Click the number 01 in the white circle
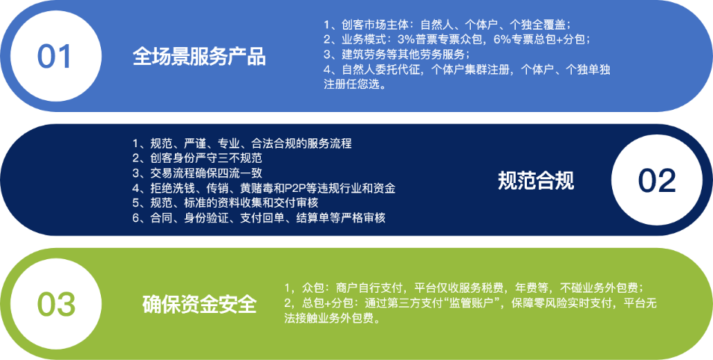[x=55, y=57]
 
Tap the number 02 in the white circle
[x=657, y=181]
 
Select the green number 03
[x=56, y=305]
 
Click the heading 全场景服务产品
[x=199, y=58]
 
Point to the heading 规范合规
[x=536, y=181]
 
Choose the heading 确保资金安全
[x=200, y=305]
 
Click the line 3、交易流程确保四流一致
[x=197, y=173]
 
